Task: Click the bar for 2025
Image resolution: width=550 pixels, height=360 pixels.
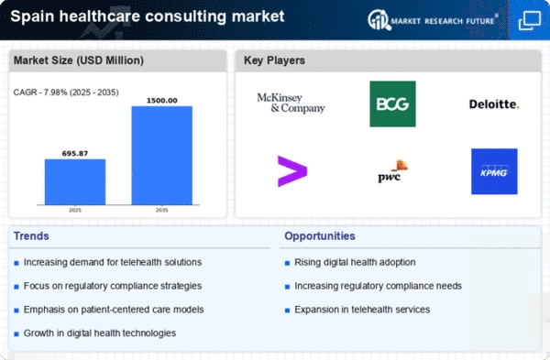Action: pos(75,182)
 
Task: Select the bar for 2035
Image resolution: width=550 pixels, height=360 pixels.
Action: pos(161,156)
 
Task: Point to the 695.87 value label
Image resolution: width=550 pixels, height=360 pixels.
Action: pos(75,154)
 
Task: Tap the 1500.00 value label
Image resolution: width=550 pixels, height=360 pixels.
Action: pos(161,101)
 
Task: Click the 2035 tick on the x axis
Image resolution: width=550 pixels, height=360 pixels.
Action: pos(161,210)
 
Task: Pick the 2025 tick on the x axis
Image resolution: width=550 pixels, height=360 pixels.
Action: pos(75,210)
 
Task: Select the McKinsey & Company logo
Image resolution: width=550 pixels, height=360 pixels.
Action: pos(291,103)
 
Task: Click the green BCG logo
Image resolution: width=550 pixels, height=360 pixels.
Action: pos(392,104)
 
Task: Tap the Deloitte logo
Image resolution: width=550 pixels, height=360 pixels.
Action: pos(494,104)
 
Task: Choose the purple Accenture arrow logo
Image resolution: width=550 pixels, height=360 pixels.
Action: pos(292,171)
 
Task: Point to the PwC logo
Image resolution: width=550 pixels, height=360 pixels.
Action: pos(392,171)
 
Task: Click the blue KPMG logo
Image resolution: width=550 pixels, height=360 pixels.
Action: pos(494,171)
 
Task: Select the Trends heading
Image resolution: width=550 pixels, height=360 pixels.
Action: pos(31,236)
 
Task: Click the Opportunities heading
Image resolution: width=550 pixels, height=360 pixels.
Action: pos(320,236)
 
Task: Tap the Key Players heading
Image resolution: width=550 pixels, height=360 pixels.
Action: pos(274,60)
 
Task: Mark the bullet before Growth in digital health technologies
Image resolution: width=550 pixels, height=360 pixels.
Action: pos(16,334)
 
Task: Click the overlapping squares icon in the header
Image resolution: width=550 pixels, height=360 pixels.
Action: pos(529,20)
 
